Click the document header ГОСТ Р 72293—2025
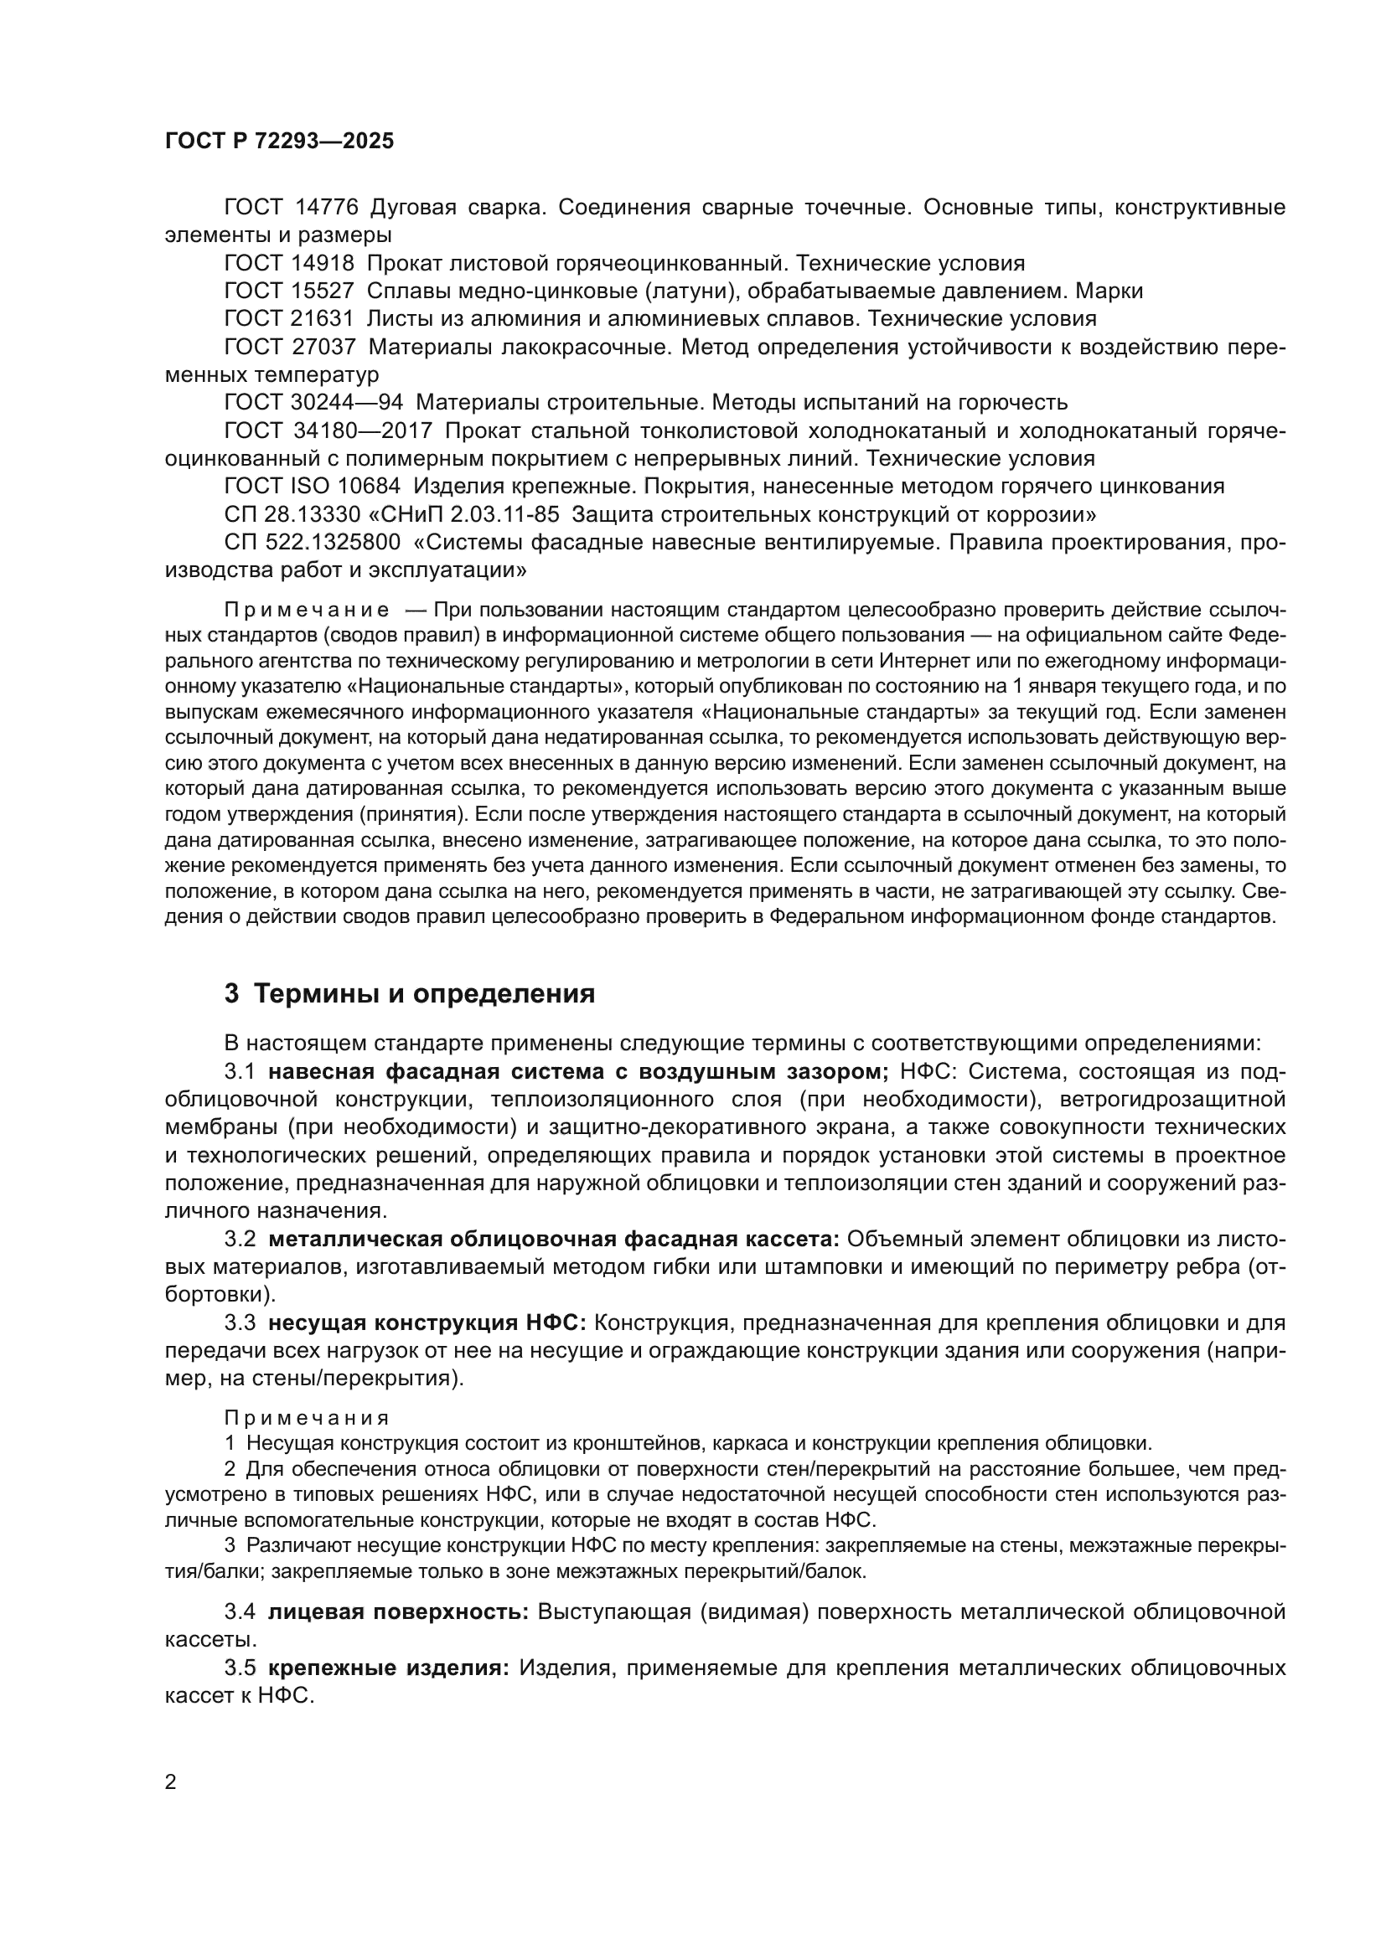tap(279, 142)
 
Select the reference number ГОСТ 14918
tap(288, 263)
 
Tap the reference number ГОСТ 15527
tap(288, 291)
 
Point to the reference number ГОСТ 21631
tap(288, 319)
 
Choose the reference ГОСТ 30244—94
tap(313, 403)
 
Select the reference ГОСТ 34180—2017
tap(328, 430)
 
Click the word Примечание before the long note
tap(307, 610)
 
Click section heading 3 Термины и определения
tap(410, 994)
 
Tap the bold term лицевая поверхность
tap(399, 1611)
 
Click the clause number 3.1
tap(239, 1072)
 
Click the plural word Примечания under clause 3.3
tap(307, 1418)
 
